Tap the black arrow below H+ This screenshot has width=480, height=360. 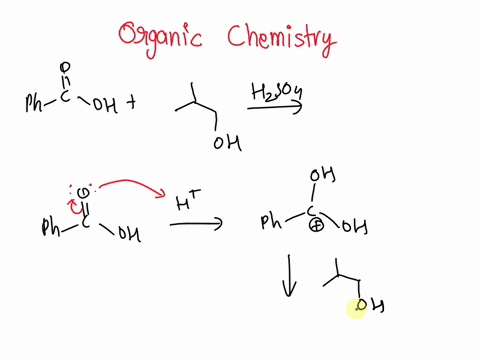tap(196, 226)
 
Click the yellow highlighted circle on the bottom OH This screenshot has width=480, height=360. tap(357, 310)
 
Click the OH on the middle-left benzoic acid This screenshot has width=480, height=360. tap(129, 236)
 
